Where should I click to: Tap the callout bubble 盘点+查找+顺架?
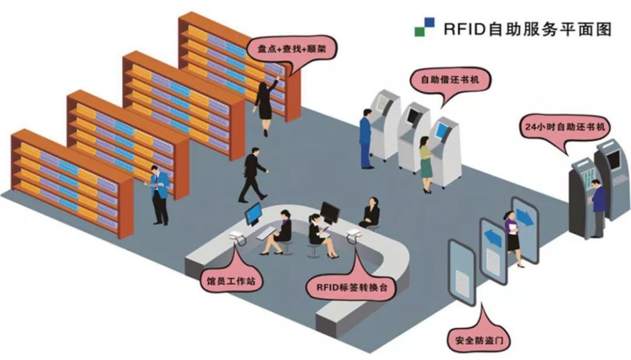pyautogui.click(x=287, y=49)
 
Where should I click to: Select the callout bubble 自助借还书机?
pyautogui.click(x=450, y=79)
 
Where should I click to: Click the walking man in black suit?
pyautogui.click(x=252, y=174)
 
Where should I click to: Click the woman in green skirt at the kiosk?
pyautogui.click(x=427, y=164)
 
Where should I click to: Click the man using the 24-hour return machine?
pyautogui.click(x=598, y=207)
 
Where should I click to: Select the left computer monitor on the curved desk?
pyautogui.click(x=253, y=213)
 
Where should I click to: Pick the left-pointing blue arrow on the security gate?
pyautogui.click(x=493, y=238)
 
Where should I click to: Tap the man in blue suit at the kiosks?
pyautogui.click(x=366, y=138)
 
